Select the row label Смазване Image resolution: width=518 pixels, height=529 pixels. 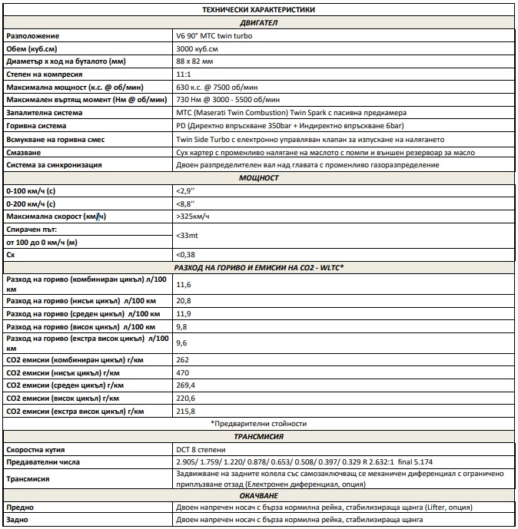click(x=25, y=152)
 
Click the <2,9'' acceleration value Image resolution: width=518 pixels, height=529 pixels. click(x=185, y=191)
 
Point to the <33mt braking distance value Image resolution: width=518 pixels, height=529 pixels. click(x=188, y=236)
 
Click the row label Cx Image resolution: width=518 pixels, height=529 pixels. click(x=11, y=254)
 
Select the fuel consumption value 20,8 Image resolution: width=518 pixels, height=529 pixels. click(x=184, y=301)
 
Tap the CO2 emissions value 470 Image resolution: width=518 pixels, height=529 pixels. click(x=184, y=372)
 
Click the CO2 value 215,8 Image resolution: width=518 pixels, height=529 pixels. click(x=186, y=411)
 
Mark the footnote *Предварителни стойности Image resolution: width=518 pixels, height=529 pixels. click(x=258, y=424)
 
